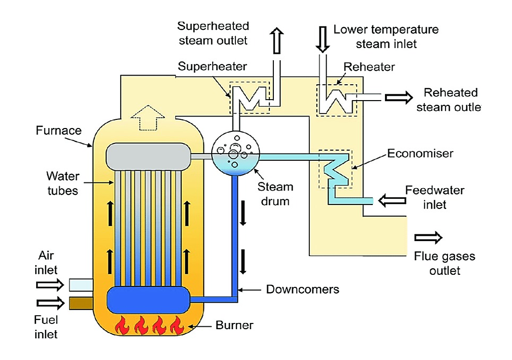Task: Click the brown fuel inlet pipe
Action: [x=82, y=303]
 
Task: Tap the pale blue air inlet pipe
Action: [x=82, y=285]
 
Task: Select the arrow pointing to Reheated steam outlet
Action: [x=399, y=97]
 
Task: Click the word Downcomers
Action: [x=303, y=290]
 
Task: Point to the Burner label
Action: [x=235, y=326]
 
